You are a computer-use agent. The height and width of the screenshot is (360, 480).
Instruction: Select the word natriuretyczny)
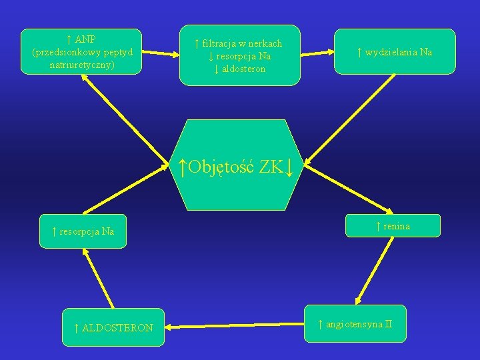(x=82, y=65)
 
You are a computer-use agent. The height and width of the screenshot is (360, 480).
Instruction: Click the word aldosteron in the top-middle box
(x=243, y=69)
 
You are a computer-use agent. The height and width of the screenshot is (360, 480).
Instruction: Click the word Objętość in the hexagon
(x=221, y=166)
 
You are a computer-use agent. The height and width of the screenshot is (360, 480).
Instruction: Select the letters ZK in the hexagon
(x=271, y=166)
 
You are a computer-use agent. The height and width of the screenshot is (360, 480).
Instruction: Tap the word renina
(x=397, y=227)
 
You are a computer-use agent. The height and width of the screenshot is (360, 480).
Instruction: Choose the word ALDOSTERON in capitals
(x=117, y=328)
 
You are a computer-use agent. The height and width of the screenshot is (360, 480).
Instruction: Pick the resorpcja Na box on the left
(x=83, y=232)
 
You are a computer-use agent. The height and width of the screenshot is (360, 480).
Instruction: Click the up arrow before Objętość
(x=183, y=166)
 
